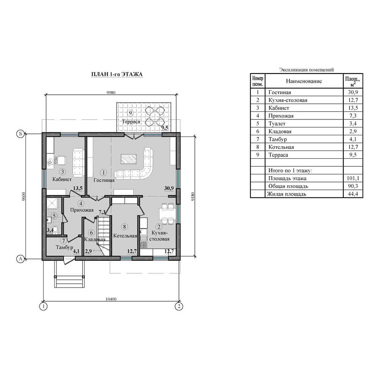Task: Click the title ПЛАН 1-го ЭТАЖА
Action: coord(117,74)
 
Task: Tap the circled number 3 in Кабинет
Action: coord(63,172)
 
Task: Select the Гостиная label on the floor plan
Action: coord(104,180)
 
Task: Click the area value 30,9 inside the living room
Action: coord(169,188)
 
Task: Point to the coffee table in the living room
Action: coord(128,159)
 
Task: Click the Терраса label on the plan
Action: coord(131,122)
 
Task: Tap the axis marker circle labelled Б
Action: coord(20,134)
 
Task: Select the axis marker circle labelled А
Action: coord(20,259)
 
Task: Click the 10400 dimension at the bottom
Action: coord(111,299)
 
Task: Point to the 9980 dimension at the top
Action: coord(111,92)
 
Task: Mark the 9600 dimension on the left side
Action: coord(23,196)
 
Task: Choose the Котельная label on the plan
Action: coord(125,236)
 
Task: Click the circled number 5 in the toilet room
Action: coord(54,216)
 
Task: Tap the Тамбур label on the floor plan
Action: coord(64,247)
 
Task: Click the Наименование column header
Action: coord(304,81)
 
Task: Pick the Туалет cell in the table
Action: coord(277,124)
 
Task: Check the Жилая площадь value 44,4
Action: coord(353,194)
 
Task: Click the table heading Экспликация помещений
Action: coord(307,70)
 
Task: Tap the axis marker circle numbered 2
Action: coord(179,307)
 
